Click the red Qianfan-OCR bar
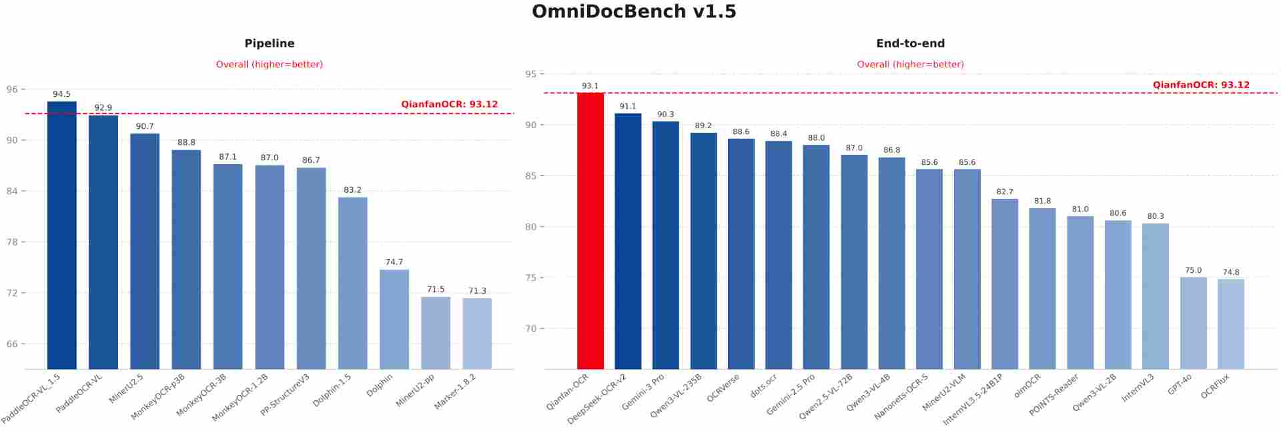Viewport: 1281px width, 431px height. [x=590, y=230]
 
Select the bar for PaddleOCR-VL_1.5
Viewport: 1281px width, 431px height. [x=61, y=235]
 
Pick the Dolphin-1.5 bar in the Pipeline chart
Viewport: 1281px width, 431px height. [x=352, y=283]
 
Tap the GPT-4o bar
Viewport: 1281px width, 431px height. [x=1193, y=323]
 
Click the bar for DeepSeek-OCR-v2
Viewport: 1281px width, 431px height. [x=628, y=241]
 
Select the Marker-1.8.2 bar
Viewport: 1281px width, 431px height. [x=477, y=333]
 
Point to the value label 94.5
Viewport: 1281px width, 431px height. [x=61, y=94]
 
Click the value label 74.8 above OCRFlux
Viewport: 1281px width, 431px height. [x=1231, y=272]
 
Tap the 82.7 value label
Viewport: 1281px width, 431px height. [x=1005, y=191]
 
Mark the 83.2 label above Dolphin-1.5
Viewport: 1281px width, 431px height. [x=352, y=190]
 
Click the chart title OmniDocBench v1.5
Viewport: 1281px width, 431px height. [x=634, y=12]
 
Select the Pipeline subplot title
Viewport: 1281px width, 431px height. [x=270, y=43]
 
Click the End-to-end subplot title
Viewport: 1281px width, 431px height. [x=910, y=43]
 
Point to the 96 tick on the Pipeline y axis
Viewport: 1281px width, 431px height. [x=12, y=89]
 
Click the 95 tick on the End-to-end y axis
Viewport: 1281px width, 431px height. [x=530, y=74]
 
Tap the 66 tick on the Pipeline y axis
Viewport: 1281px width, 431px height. [x=12, y=344]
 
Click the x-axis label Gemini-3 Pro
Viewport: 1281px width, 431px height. [x=643, y=392]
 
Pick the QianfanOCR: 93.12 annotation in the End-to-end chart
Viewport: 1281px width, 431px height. [x=1201, y=85]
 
